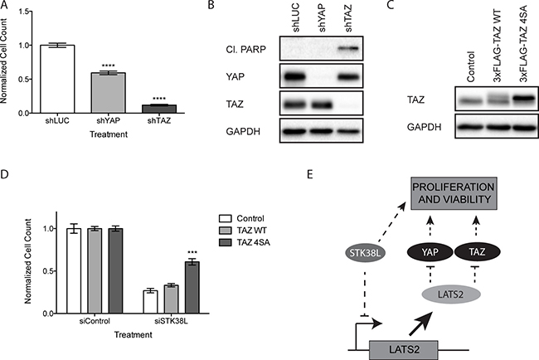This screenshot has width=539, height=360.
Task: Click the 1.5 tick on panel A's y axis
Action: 22,11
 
